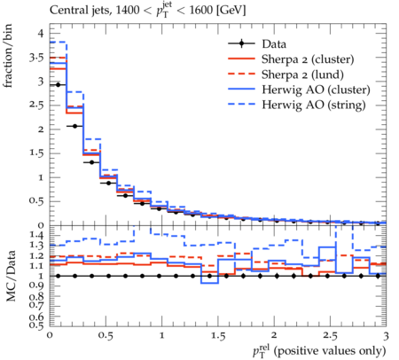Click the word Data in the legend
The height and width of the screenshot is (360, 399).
coord(274,44)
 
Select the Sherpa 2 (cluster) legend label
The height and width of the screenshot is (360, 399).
coord(308,59)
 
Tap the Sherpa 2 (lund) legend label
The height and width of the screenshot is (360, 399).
coord(302,74)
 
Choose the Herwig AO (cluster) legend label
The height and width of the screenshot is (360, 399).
coord(316,90)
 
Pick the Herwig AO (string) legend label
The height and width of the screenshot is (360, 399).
coord(314,105)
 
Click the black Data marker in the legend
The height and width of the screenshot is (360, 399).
coord(241,43)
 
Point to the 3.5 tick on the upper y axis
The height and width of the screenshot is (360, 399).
coord(36,57)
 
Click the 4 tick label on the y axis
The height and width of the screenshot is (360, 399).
coord(40,33)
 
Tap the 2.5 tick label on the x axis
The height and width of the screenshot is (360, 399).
coord(330,336)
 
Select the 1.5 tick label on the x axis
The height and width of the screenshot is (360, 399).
coord(218,336)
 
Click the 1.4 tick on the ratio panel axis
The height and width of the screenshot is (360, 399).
coord(36,236)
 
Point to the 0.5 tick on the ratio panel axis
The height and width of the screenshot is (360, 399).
coord(36,325)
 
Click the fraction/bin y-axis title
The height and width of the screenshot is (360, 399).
coord(8,56)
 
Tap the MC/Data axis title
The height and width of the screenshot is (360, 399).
coord(11,276)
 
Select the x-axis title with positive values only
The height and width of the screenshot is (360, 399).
coord(319,351)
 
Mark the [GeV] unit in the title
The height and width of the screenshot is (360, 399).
coord(231,11)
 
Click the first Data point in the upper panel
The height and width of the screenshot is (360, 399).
coord(58,85)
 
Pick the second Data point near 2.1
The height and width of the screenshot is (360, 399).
coord(74,126)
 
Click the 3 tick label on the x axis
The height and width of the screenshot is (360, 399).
coord(386,336)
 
